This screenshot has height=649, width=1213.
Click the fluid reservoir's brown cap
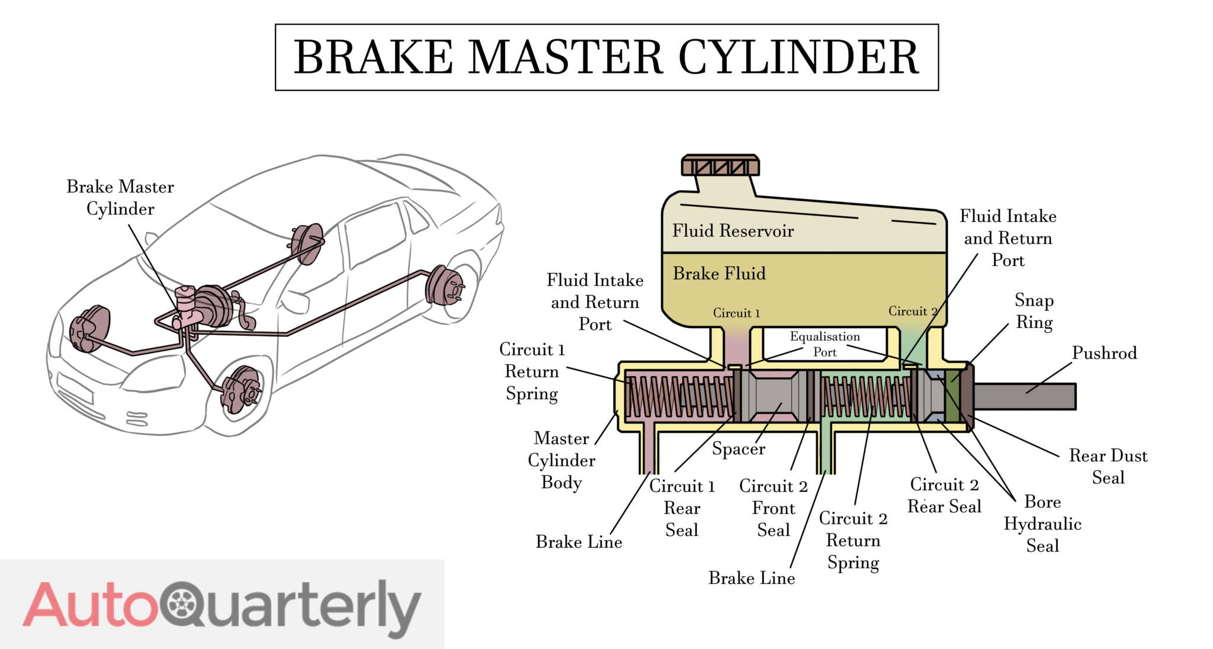[x=720, y=166]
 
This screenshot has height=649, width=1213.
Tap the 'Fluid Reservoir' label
[x=733, y=231]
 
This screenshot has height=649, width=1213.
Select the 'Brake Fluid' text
[x=719, y=274]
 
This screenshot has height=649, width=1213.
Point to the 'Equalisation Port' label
[x=824, y=344]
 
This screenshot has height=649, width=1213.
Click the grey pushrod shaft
[x=1025, y=396]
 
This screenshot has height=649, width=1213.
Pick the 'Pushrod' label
[x=1104, y=354]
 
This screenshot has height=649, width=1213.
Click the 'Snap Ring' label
[x=1034, y=311]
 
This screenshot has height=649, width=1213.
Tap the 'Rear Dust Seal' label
[x=1108, y=467]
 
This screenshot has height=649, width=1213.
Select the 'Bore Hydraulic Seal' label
[x=1042, y=524]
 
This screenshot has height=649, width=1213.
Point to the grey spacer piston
[x=773, y=396]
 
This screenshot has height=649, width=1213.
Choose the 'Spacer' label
[x=738, y=449]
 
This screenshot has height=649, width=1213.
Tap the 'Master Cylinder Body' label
[x=561, y=461]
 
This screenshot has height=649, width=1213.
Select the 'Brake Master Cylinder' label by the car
[x=120, y=198]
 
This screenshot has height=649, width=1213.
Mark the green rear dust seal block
[x=952, y=396]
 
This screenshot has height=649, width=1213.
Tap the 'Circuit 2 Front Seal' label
[x=774, y=508]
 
